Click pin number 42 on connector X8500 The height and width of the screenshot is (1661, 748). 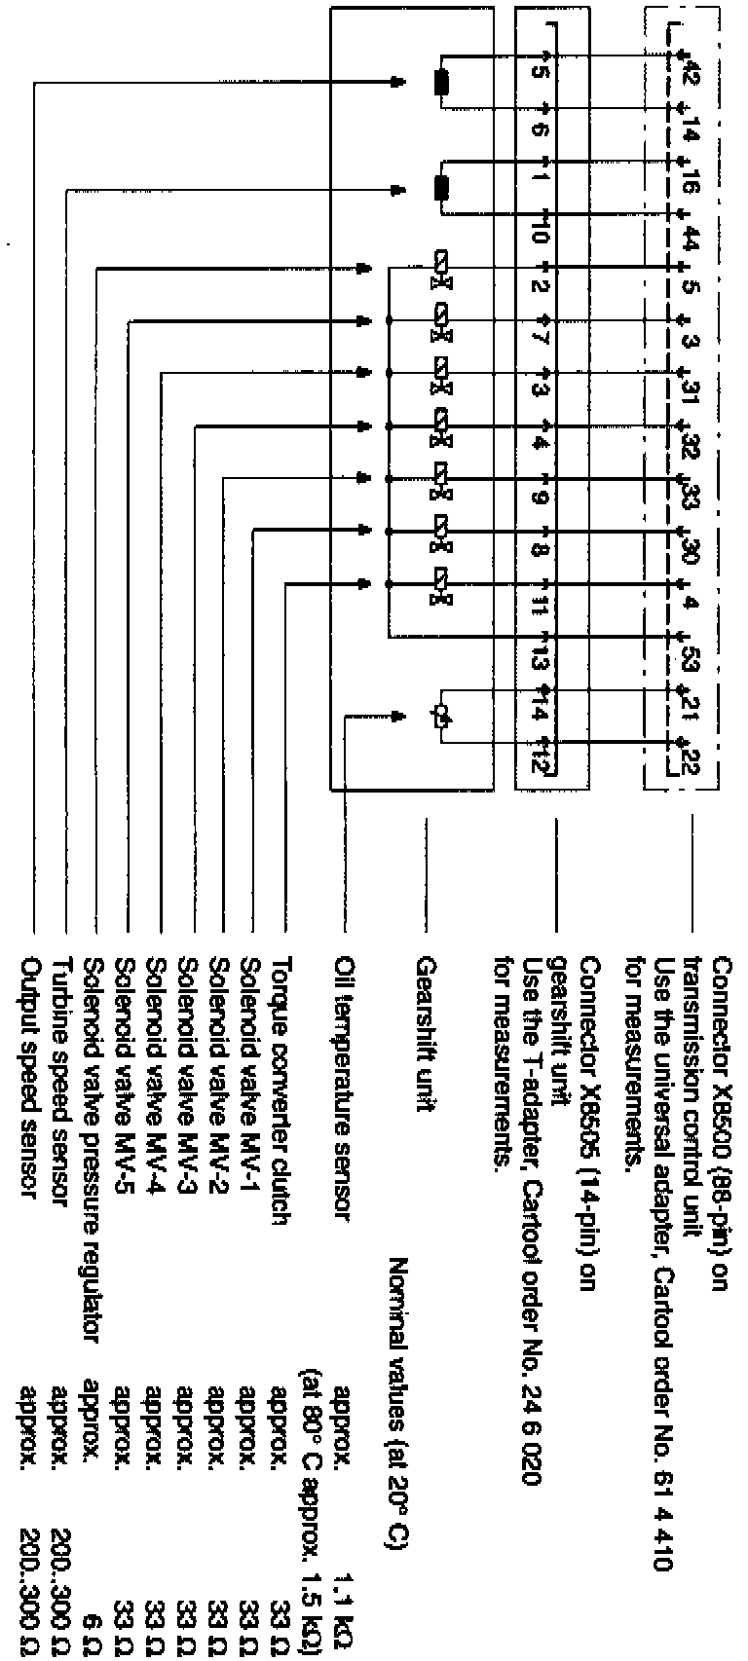point(691,70)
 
